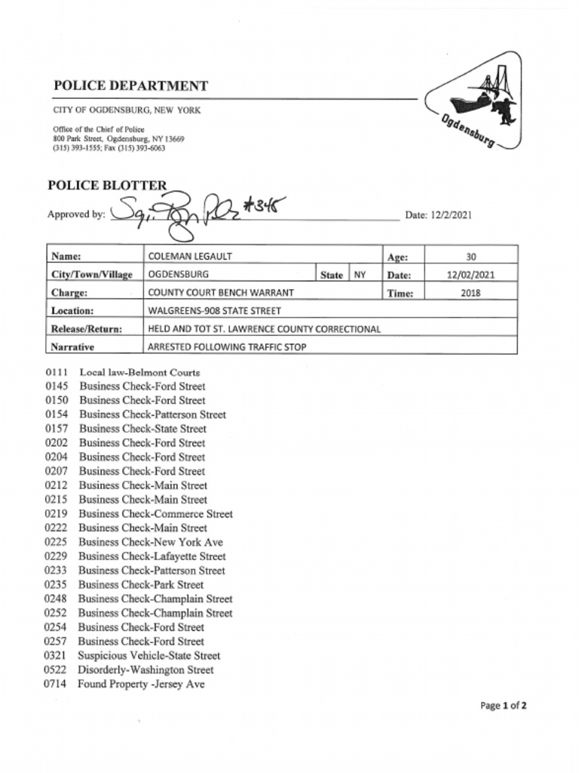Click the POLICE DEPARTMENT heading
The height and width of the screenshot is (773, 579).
click(x=130, y=86)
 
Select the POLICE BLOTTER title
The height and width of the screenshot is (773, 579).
click(x=107, y=186)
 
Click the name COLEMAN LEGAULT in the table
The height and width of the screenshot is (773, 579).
click(x=190, y=257)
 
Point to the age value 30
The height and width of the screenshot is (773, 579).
click(x=470, y=257)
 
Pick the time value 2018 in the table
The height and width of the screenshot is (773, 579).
click(x=470, y=293)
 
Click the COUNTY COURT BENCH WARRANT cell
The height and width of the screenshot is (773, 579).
click(x=220, y=293)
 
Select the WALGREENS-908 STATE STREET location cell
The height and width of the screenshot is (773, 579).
click(x=214, y=310)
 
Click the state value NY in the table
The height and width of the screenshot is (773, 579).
click(x=360, y=275)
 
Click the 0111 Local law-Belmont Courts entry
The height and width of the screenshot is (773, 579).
click(x=122, y=372)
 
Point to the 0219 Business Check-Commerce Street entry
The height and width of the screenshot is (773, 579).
click(x=139, y=514)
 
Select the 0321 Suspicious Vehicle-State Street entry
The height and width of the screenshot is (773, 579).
click(x=133, y=655)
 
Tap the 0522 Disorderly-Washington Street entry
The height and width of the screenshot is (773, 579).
click(x=129, y=670)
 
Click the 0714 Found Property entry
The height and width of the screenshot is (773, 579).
click(x=124, y=684)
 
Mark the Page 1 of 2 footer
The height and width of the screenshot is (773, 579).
click(x=503, y=707)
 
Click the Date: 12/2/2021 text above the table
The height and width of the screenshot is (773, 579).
click(x=438, y=215)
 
